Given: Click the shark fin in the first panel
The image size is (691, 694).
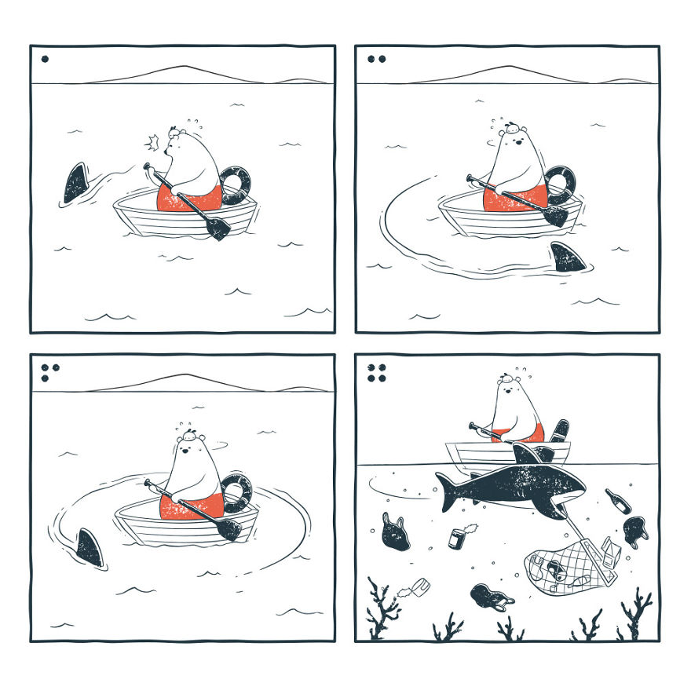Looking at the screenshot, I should pos(77,184).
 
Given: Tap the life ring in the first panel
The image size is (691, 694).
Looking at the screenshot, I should pos(236,184).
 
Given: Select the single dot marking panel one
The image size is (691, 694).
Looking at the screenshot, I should pos(45,58).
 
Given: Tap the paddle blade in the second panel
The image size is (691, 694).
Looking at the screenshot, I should pos(554,216).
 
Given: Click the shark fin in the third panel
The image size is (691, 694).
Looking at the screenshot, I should pos(90,546).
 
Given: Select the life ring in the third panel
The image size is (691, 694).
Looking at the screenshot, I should pos(236,492).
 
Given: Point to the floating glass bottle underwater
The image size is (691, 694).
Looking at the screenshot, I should pos(617,501).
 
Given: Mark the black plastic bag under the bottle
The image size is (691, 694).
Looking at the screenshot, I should pos(637,531).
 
